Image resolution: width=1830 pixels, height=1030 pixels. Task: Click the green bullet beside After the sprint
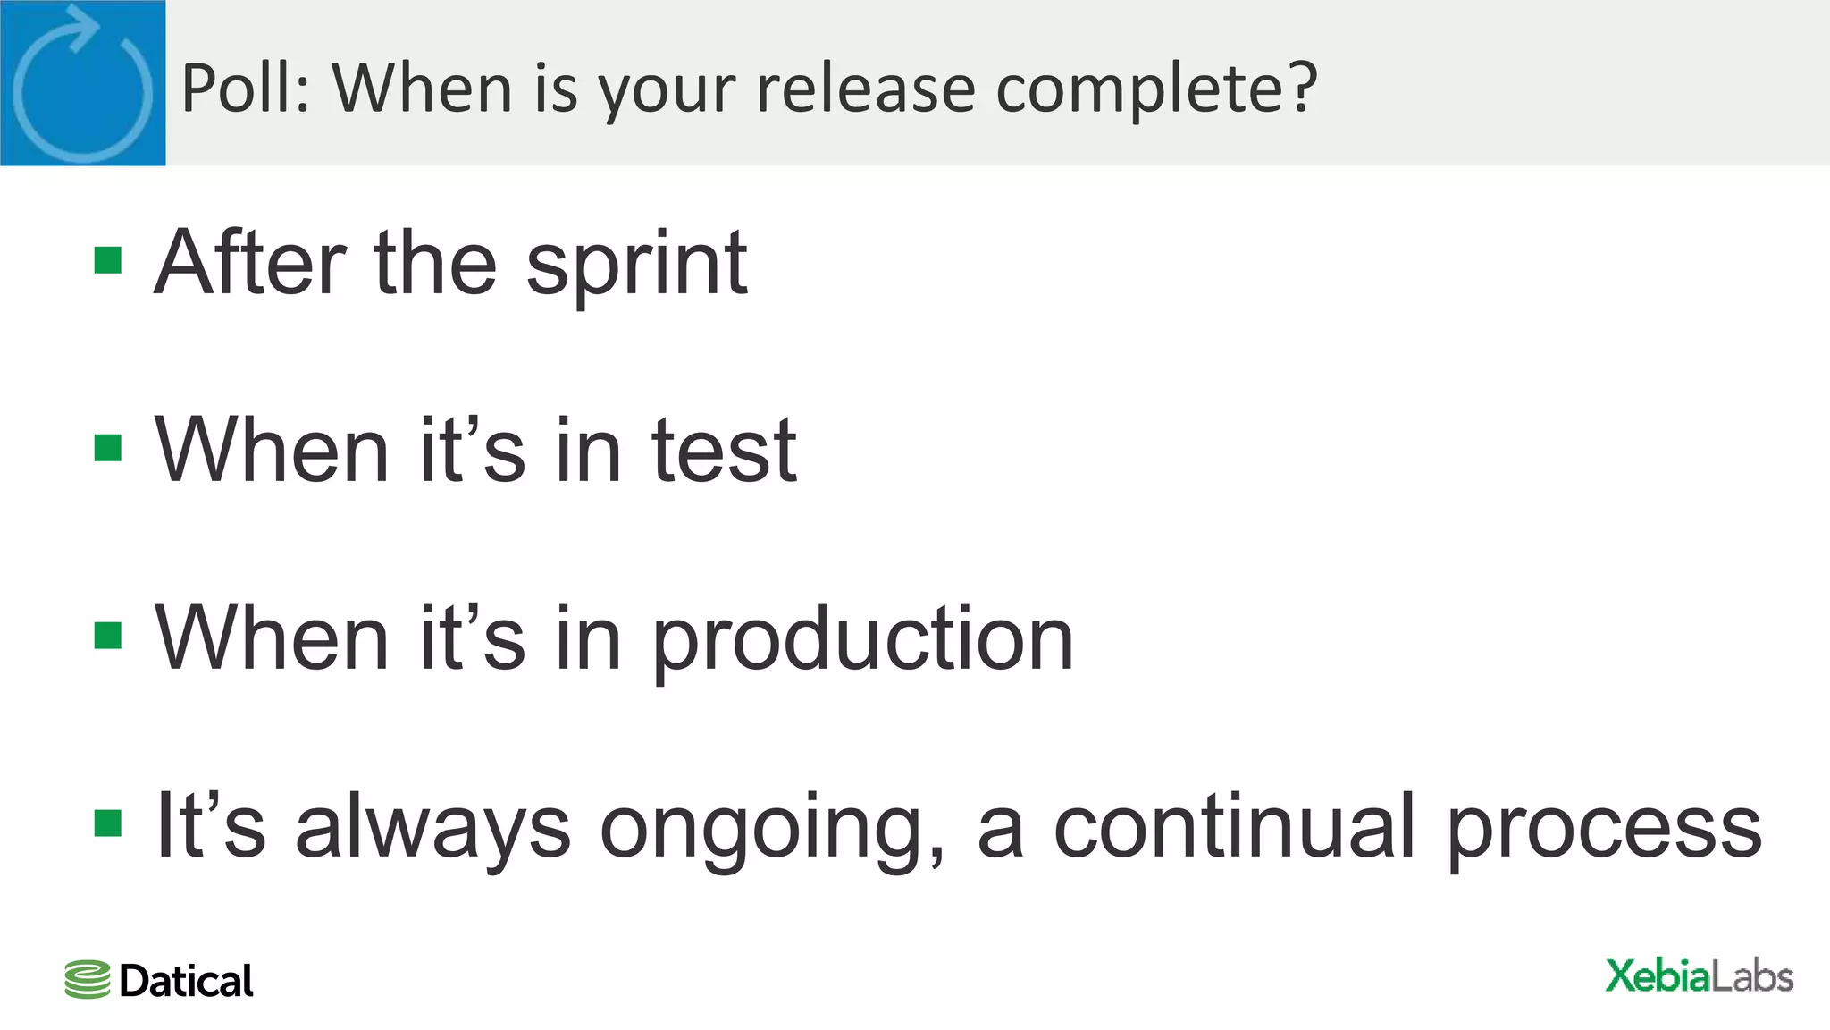(x=108, y=261)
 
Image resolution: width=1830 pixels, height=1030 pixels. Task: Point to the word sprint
(x=636, y=264)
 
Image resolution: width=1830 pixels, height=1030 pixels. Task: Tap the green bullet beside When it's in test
(x=108, y=448)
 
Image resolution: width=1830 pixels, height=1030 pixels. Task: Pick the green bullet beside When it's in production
(x=108, y=636)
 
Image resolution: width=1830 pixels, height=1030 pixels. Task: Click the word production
(x=863, y=639)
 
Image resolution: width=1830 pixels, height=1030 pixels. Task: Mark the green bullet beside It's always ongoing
(x=108, y=823)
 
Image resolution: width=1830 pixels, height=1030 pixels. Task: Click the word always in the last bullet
(x=432, y=827)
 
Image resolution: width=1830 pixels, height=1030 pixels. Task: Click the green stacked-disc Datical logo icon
(x=88, y=980)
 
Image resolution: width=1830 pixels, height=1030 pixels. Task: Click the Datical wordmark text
(x=186, y=981)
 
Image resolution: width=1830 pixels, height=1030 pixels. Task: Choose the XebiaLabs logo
(x=1699, y=976)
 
